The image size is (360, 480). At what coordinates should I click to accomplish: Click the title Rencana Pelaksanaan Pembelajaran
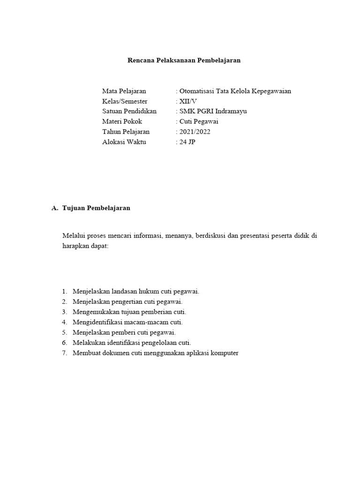click(184, 60)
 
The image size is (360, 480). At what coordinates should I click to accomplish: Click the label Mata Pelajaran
click(124, 91)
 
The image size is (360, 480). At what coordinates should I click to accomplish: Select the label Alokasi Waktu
click(124, 142)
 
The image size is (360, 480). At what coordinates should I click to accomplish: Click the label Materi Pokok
click(122, 121)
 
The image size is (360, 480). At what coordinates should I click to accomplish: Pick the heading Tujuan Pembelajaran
click(96, 208)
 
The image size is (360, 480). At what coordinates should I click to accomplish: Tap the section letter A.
click(54, 208)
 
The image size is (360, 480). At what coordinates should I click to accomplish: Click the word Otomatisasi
click(195, 91)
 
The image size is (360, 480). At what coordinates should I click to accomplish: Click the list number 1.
click(64, 291)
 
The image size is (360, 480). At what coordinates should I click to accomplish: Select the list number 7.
click(64, 353)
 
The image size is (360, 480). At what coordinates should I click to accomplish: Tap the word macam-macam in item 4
click(144, 322)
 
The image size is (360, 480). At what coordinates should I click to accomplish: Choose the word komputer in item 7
click(224, 353)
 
